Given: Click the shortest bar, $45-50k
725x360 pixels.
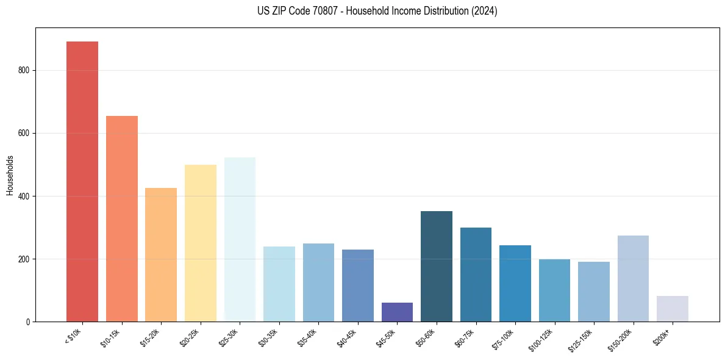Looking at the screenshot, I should [x=397, y=312].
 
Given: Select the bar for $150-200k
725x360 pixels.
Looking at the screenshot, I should [x=633, y=278].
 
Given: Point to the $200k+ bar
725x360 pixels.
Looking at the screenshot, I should [x=673, y=309].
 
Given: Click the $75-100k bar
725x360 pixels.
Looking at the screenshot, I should [x=515, y=283].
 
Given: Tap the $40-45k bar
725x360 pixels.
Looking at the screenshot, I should [x=358, y=285].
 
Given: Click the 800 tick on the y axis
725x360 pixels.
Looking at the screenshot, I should [x=22, y=70].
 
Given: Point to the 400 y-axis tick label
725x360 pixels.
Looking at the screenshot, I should [x=22, y=196].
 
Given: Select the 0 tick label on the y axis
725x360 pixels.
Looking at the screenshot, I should [x=27, y=322].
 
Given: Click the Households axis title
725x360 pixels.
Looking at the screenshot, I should [x=10, y=175].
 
